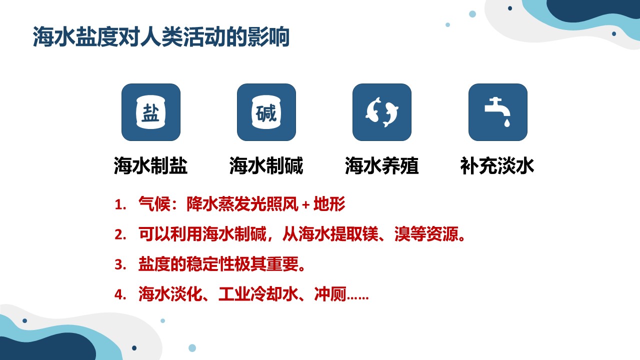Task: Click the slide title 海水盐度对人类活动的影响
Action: tap(161, 37)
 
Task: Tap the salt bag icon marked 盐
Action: tap(151, 112)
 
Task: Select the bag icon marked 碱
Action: tap(266, 112)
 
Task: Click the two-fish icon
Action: tap(381, 112)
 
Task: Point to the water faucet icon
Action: tap(497, 112)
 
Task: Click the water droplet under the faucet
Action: tap(507, 123)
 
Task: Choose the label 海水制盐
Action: tap(150, 165)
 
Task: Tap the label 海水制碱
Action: tap(266, 165)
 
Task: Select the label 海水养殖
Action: tap(381, 165)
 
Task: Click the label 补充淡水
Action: tap(497, 165)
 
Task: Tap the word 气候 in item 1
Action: tap(154, 203)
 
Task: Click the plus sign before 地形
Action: tap(305, 205)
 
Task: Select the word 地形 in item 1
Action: tap(329, 203)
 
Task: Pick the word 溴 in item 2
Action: tap(402, 234)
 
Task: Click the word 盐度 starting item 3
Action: tap(154, 264)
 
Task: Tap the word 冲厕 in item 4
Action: tap(330, 294)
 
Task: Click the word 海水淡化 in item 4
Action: tap(170, 294)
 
